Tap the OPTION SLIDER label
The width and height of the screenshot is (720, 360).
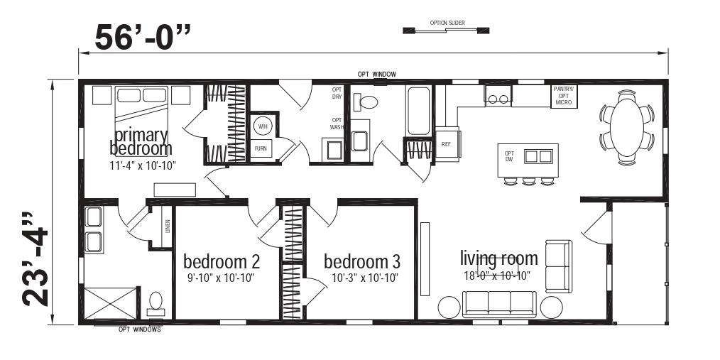tap(447, 23)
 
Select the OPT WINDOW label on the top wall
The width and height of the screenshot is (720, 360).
tap(376, 74)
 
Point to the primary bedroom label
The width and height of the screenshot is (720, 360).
tap(141, 141)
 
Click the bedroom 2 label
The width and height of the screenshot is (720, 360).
tap(221, 259)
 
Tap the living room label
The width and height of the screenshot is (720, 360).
tap(498, 258)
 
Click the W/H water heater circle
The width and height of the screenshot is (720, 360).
tap(263, 127)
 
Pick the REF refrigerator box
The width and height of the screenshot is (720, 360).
tap(447, 143)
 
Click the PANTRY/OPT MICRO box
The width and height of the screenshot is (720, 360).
tap(564, 96)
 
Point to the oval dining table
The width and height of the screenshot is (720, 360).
tap(627, 121)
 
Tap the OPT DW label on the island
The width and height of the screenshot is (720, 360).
tap(509, 156)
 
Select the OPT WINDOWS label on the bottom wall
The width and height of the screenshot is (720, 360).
tap(139, 329)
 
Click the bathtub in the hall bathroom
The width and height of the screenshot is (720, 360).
tap(418, 111)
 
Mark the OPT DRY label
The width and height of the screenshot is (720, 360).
tap(337, 93)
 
